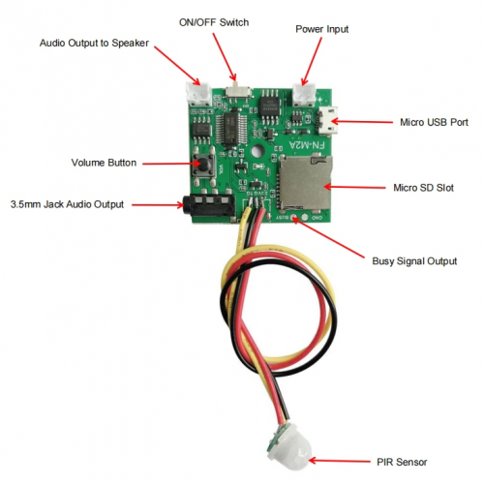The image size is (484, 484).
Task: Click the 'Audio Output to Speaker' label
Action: click(95, 45)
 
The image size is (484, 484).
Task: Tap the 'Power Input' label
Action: click(322, 30)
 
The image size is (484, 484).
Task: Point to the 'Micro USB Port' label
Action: click(434, 123)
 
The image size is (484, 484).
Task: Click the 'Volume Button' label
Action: click(104, 162)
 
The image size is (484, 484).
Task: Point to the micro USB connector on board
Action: click(326, 123)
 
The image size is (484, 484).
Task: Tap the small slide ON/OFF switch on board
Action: click(239, 90)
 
